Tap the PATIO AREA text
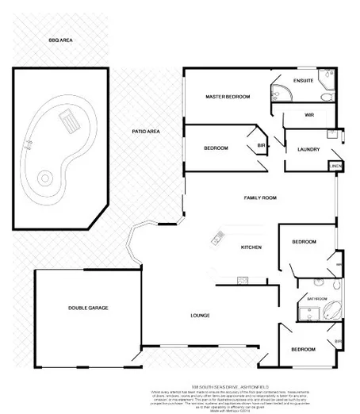click(x=146, y=131)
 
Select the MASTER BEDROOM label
click(x=228, y=97)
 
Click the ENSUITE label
click(x=303, y=81)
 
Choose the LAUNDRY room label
click(x=308, y=149)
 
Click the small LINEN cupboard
click(x=336, y=167)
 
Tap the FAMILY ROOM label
click(x=259, y=197)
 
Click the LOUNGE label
click(x=200, y=316)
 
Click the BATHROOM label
click(x=317, y=298)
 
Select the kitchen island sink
click(x=216, y=237)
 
